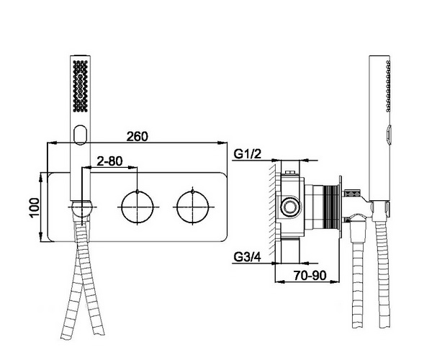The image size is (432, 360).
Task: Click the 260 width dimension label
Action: coord(137,136)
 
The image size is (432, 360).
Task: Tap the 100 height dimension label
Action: coord(35,207)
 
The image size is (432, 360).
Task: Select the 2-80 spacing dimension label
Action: coord(109,161)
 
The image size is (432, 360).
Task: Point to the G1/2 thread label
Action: coord(247,153)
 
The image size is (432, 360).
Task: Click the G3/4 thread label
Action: coord(247,257)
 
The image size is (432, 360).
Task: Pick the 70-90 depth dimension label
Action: coord(310,275)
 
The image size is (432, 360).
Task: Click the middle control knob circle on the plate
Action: coord(138,207)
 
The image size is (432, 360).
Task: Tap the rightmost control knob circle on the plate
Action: coord(192,207)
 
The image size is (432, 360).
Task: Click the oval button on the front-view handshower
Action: coord(81,135)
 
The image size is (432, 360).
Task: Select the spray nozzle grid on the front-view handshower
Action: coord(80,86)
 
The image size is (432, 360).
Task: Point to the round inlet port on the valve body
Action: coord(289,207)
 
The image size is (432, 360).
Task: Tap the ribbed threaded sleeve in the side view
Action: coord(332,207)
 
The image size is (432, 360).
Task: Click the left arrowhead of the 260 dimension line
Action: coord(52,143)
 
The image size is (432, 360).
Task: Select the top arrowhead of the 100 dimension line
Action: coord(41,177)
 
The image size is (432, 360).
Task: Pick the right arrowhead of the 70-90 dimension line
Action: coord(335,282)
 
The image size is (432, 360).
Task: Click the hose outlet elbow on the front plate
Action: coord(81,211)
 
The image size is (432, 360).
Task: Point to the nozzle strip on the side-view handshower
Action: coord(388,86)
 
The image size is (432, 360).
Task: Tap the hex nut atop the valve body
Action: coord(290,173)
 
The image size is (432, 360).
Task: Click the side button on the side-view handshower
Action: coord(389,134)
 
